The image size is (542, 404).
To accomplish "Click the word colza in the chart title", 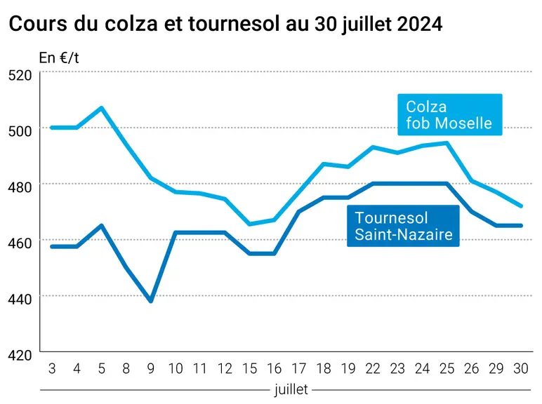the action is click(131, 23).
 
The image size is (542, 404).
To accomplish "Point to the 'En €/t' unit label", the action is click(59, 58).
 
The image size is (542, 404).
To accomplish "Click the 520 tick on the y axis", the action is click(20, 75).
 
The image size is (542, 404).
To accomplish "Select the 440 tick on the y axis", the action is click(20, 299).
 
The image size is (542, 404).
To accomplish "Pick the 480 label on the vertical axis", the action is click(20, 187).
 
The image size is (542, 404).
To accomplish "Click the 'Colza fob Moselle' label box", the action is click(450, 114).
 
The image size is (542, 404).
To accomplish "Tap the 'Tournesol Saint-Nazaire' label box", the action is click(403, 226).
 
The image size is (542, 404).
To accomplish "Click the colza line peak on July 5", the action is click(101, 108).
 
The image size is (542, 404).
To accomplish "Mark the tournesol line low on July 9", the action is click(151, 300).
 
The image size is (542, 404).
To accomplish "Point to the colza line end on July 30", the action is click(520, 206).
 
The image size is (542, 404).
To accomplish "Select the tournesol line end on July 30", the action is click(520, 225).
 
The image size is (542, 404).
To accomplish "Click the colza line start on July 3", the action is click(52, 128).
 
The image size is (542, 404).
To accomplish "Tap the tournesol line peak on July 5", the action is click(101, 225).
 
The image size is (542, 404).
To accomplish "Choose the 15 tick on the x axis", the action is click(249, 369).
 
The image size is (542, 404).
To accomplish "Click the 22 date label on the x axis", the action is click(373, 369).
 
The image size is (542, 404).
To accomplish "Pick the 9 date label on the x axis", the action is click(151, 369).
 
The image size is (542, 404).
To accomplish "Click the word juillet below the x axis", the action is click(291, 389).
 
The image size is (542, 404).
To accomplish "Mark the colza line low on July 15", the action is click(249, 224).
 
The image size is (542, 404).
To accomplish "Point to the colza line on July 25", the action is click(447, 142).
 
